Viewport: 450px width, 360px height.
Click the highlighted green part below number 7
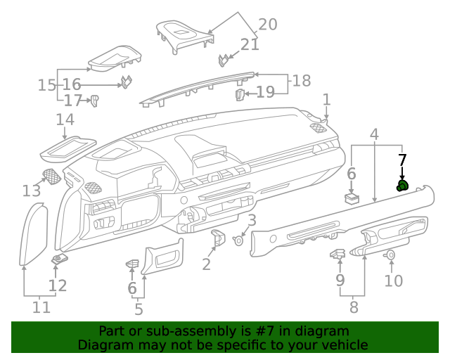[403, 186]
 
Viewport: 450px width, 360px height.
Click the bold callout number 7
[402, 160]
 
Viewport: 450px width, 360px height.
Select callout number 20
[268, 25]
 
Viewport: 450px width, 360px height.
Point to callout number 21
[250, 45]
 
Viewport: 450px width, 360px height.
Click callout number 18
[301, 81]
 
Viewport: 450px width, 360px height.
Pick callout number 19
[264, 92]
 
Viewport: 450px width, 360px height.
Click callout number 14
[65, 120]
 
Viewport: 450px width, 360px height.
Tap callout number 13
[32, 191]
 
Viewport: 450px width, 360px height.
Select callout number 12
[57, 285]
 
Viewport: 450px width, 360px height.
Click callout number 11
[41, 307]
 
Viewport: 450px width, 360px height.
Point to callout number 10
[393, 281]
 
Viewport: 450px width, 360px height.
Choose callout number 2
[206, 264]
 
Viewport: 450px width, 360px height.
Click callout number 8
[353, 307]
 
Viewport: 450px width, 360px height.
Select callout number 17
[73, 101]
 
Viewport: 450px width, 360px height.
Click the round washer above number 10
[391, 255]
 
